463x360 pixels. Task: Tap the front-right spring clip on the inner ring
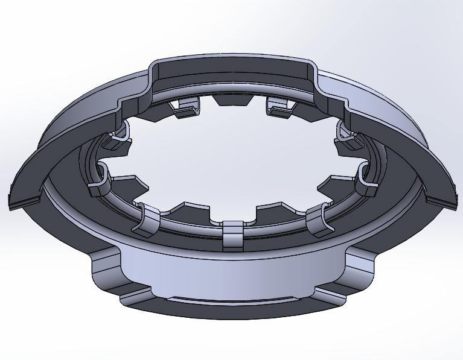pos(318,221)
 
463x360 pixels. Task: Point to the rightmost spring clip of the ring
pos(366,180)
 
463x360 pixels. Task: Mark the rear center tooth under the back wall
pos(232,100)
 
